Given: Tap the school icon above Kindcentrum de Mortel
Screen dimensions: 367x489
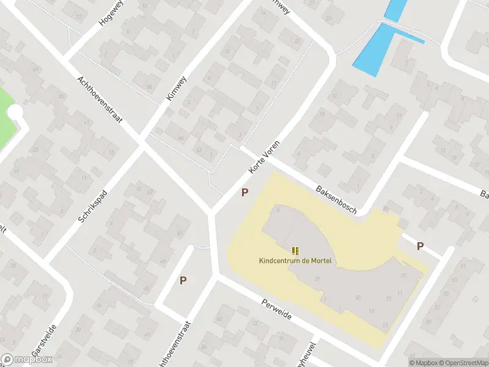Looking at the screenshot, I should click(296, 251).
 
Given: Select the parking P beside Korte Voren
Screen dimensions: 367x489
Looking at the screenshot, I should click(244, 192).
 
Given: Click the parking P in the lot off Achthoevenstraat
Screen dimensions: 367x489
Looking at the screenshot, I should click(183, 281).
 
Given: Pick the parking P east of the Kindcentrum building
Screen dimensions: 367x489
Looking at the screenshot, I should click(420, 247).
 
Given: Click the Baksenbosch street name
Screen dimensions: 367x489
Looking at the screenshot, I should click(336, 199).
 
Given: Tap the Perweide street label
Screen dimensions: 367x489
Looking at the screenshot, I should click(276, 311).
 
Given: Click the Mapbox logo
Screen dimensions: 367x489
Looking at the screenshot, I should click(26, 360).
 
